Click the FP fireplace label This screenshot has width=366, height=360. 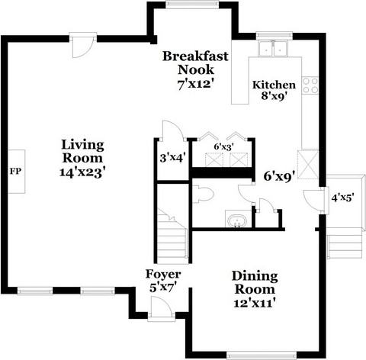(15, 172)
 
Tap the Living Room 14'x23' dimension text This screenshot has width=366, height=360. (82, 172)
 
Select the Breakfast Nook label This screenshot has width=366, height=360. (195, 63)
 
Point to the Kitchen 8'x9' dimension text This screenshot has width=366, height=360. (274, 96)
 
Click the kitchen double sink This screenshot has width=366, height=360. (272, 48)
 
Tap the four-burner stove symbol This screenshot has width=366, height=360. (310, 85)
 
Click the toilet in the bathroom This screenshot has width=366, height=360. (204, 194)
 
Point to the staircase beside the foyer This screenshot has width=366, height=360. (172, 236)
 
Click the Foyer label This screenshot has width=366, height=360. (163, 275)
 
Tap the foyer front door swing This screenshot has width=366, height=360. (162, 307)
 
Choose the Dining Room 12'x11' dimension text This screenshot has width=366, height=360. (255, 303)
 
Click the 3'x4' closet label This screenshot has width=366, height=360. (172, 158)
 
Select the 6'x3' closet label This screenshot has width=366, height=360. (223, 146)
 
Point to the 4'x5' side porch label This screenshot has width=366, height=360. (342, 198)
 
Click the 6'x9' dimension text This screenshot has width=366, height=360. (279, 176)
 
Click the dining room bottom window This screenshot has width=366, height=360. (262, 355)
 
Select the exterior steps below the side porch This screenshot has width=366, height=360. (345, 246)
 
